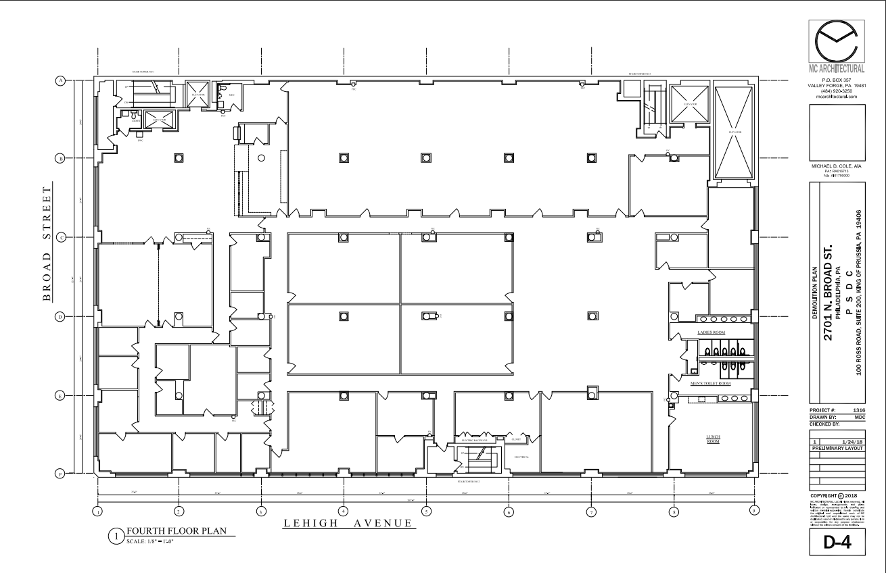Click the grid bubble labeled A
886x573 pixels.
tap(60, 80)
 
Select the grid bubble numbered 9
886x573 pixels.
tap(755, 511)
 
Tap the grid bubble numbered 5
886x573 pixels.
tap(426, 512)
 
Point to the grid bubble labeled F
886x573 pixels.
tap(60, 474)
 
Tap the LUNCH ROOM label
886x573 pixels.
tap(712, 440)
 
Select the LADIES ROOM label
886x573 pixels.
tap(712, 333)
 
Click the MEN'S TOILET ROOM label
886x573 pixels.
tap(710, 384)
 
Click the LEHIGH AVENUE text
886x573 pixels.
tap(348, 525)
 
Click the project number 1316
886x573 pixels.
tap(860, 409)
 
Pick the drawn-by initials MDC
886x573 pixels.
tap(860, 417)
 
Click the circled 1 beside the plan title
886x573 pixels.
tap(116, 536)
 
